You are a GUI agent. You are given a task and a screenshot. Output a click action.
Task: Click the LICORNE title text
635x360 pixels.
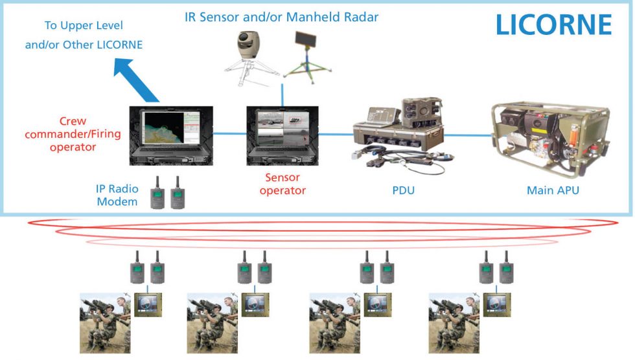pyautogui.click(x=553, y=25)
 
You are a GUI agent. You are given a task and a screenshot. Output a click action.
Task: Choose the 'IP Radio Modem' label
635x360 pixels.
pyautogui.click(x=117, y=195)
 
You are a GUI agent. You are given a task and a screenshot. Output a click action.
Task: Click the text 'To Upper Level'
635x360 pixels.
pyautogui.click(x=84, y=26)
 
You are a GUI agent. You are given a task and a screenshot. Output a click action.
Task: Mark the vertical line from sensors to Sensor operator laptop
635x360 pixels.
pyautogui.click(x=282, y=93)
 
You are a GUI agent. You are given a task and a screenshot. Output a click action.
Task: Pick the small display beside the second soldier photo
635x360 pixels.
pyautogui.click(x=255, y=304)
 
